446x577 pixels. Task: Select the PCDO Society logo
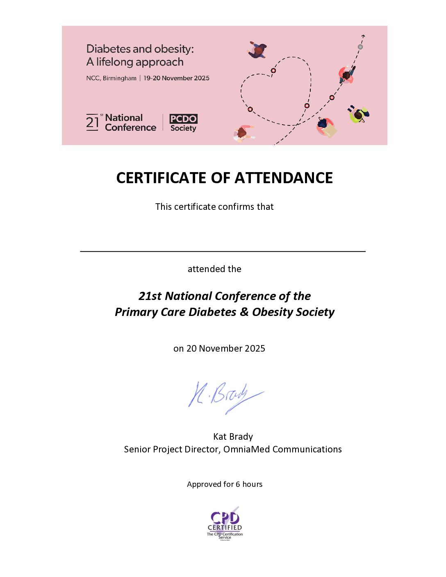183,123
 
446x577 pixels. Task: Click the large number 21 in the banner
93,123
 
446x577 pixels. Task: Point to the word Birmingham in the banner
119,78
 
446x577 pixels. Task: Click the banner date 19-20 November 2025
176,78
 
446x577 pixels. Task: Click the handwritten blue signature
225,395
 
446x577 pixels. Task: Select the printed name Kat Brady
233,436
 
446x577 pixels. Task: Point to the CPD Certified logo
225,524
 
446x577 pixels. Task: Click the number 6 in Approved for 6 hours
238,484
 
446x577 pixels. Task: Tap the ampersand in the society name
244,312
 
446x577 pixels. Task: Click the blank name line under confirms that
223,251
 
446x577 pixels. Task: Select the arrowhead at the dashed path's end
363,36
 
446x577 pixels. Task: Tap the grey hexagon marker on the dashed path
360,47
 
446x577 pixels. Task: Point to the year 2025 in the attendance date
255,348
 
